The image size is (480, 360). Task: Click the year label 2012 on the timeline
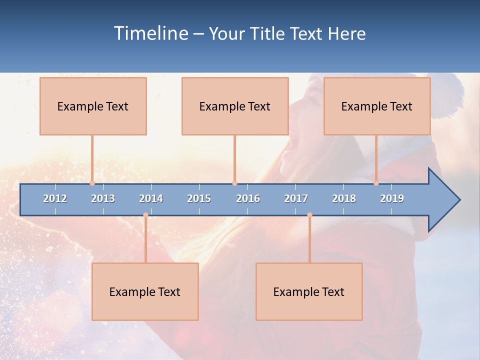[x=55, y=198]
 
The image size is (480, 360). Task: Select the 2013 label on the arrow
[x=103, y=198]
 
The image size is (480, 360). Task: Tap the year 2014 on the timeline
[x=151, y=198]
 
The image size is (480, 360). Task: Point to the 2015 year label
[x=199, y=198]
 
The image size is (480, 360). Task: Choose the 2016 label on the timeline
[x=248, y=198]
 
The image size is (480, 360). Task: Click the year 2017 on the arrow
[x=296, y=198]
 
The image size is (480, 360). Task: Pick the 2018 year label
[x=344, y=198]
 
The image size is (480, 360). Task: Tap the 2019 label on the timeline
[x=392, y=198]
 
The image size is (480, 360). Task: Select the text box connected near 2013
[x=93, y=106]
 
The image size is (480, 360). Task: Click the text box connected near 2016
[x=235, y=106]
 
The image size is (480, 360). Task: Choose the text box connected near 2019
[x=377, y=106]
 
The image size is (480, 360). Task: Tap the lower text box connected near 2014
[x=145, y=292]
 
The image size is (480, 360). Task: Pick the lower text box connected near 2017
[x=309, y=292]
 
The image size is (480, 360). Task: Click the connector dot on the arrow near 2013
[x=92, y=183]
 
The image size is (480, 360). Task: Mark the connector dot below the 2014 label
[x=145, y=215]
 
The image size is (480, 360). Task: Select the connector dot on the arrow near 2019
[x=376, y=183]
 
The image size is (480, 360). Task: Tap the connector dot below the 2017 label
[x=309, y=215]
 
